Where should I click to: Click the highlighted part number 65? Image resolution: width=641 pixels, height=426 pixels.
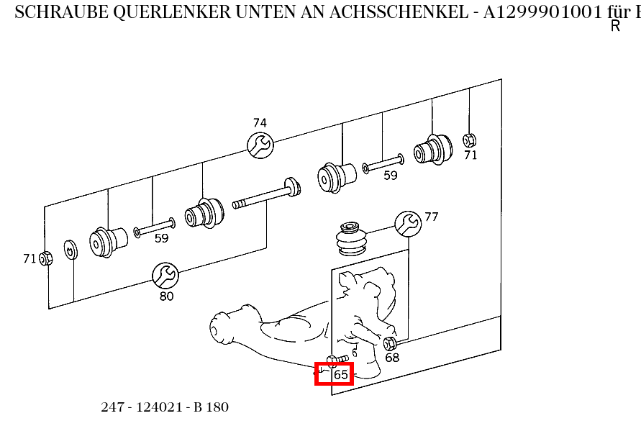[340, 374]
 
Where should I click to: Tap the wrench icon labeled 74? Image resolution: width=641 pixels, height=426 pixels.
[260, 145]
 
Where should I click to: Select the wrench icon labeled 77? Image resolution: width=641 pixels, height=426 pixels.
[408, 224]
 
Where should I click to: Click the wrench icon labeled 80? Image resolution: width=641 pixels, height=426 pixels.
[165, 275]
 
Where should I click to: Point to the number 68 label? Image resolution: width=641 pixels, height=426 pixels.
[392, 358]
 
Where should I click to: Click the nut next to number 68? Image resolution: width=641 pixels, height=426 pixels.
[390, 343]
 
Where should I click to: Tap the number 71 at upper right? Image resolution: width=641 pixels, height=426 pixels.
[470, 155]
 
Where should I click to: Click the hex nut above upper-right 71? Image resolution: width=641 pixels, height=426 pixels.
[469, 139]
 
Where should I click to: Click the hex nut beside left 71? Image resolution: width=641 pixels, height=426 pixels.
[45, 258]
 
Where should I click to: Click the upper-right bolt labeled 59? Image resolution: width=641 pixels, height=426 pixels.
[383, 165]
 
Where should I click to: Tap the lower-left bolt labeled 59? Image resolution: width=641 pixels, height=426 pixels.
[153, 230]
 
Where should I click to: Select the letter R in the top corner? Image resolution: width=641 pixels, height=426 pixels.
[615, 27]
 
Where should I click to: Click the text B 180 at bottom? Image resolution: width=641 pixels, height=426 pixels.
[211, 407]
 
